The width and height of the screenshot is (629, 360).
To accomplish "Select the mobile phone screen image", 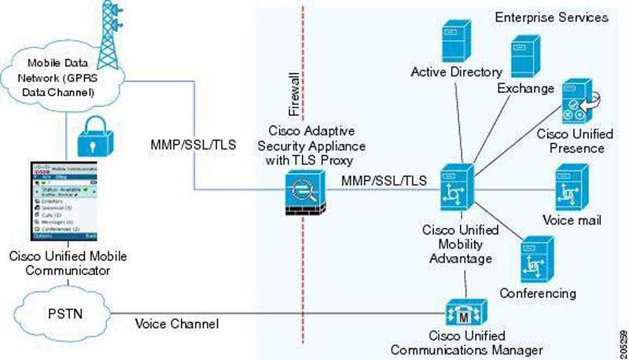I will [63, 203].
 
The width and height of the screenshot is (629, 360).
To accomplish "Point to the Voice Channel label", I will [177, 323].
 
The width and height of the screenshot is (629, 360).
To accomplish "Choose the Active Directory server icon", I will [456, 39].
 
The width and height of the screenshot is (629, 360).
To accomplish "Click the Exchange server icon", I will [525, 57].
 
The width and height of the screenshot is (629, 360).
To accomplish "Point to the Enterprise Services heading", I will [552, 17].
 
